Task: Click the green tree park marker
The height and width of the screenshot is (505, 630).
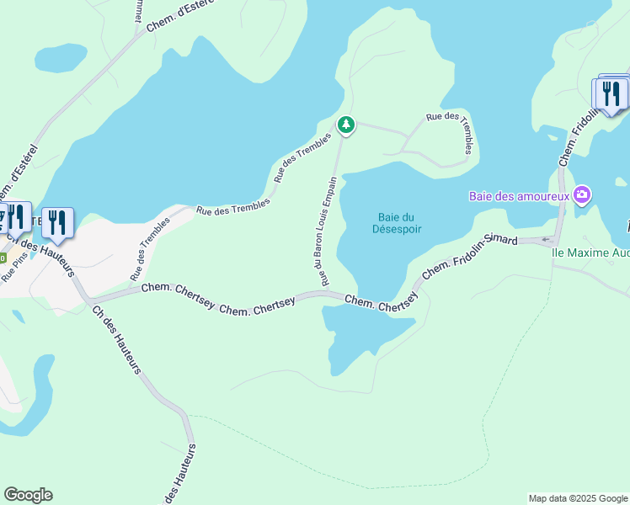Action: pos(345,125)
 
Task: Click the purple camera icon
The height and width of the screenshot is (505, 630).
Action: pos(582,195)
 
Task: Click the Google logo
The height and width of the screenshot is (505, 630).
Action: pos(28,495)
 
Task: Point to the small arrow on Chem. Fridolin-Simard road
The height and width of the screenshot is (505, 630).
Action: pos(545,240)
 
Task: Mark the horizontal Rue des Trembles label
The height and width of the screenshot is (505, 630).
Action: pos(233,206)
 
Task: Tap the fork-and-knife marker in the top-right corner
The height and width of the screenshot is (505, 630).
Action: pos(611,93)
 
